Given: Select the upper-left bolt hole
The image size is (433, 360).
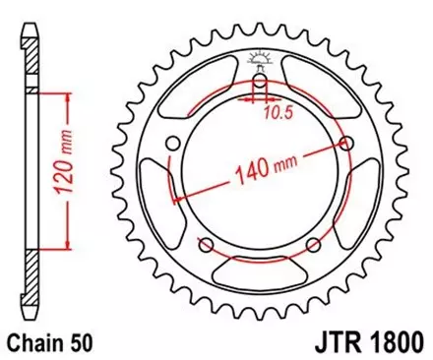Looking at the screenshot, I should [174, 145].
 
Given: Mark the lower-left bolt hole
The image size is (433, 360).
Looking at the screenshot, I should [207, 245].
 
